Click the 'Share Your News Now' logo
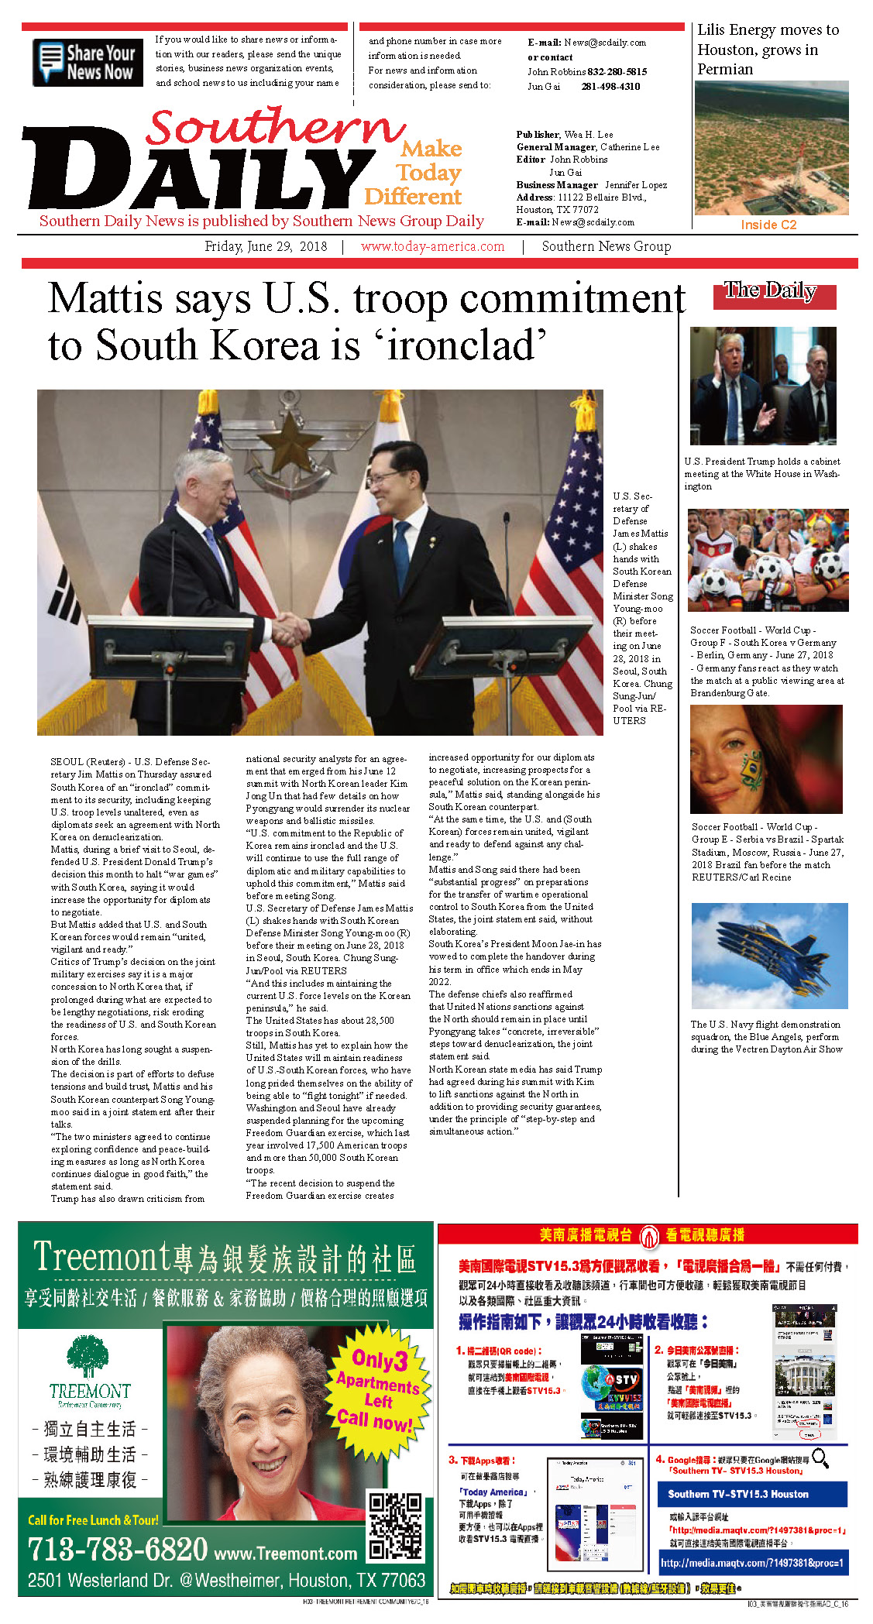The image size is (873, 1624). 88,63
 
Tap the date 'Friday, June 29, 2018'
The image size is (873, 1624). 266,247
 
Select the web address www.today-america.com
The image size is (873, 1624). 432,247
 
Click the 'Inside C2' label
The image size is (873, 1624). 768,225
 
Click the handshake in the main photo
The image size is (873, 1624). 290,628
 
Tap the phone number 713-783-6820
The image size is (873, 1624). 118,1548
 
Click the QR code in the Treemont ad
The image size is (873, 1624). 397,1526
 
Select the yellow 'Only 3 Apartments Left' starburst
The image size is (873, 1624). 378,1391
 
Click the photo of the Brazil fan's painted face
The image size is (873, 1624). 766,760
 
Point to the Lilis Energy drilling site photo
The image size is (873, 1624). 771,148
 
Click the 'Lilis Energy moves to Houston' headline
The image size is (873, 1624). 767,50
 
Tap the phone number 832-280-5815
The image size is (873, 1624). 617,71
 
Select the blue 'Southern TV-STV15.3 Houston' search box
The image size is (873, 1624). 752,1494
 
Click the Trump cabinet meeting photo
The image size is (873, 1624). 763,386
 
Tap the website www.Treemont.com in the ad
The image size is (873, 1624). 285,1553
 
